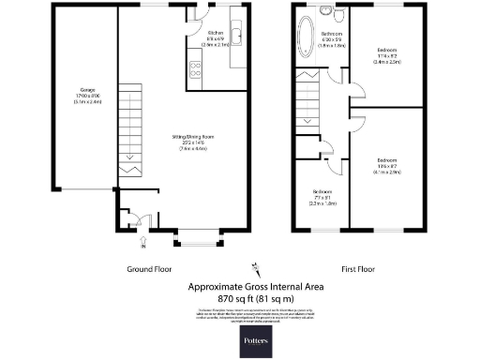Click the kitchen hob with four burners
[x=197, y=68]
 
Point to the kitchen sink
[x=235, y=37]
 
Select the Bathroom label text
[x=330, y=38]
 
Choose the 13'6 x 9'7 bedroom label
[x=387, y=165]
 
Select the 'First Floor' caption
[x=358, y=269]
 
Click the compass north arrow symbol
[x=253, y=263]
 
